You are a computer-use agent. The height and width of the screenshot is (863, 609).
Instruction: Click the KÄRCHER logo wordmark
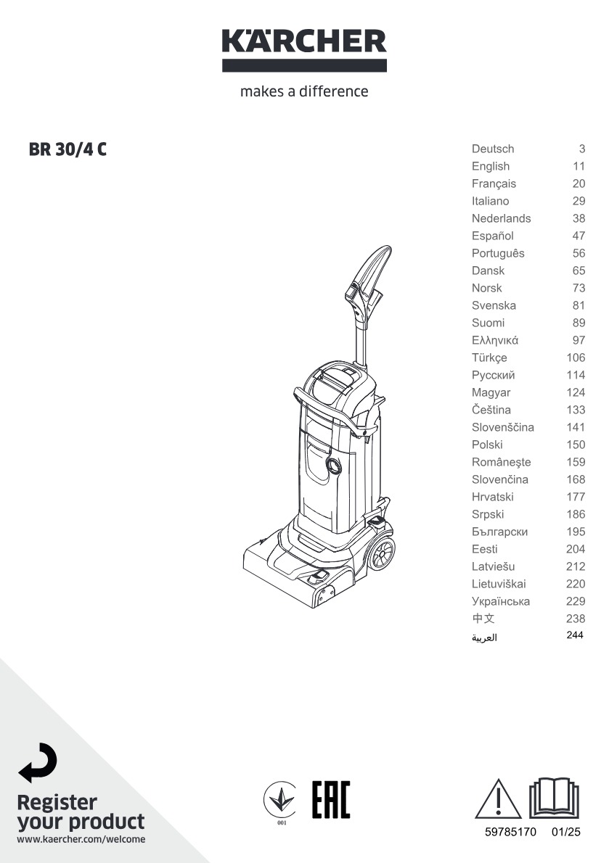tap(304, 42)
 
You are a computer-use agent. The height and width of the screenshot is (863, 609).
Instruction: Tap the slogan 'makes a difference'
tap(304, 91)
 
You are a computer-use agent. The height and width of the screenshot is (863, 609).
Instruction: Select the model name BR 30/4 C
tap(68, 149)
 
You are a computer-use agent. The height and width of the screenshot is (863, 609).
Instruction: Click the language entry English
tap(491, 166)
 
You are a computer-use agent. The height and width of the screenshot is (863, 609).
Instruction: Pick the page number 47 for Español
tap(579, 236)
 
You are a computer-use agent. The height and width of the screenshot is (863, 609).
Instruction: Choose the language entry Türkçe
tap(489, 358)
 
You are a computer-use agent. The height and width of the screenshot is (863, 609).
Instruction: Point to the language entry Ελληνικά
tap(494, 340)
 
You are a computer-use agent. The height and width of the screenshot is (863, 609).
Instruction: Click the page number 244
tap(575, 635)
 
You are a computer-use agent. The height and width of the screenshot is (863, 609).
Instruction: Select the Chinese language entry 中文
tap(483, 618)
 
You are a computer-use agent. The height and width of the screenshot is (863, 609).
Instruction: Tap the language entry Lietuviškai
tap(499, 584)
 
